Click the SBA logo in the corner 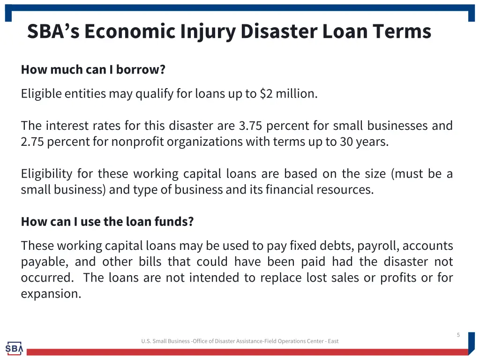14,348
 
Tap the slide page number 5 458,335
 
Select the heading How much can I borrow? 93,70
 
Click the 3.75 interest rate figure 251,126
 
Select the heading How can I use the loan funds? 107,222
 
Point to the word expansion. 51,294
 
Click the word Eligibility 46,174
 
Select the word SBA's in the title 53,31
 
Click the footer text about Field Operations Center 240,341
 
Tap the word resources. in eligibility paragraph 347,190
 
